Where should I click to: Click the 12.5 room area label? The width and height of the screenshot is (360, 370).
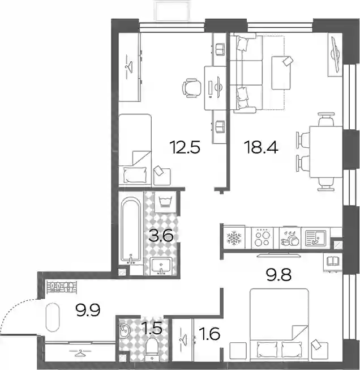pyautogui.click(x=185, y=147)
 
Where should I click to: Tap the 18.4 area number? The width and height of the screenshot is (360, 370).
pyautogui.click(x=261, y=147)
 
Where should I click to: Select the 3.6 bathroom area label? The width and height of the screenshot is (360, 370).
pyautogui.click(x=161, y=236)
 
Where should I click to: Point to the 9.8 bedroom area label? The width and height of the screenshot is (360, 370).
pyautogui.click(x=279, y=275)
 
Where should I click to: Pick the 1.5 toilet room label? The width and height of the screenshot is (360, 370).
pyautogui.click(x=153, y=328)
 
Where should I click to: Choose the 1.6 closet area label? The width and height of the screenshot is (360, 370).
pyautogui.click(x=210, y=334)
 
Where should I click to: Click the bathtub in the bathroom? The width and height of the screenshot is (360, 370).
pyautogui.click(x=131, y=231)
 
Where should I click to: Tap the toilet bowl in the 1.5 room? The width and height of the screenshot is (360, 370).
pyautogui.click(x=152, y=348)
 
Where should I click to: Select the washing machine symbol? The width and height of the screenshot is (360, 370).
pyautogui.click(x=165, y=202)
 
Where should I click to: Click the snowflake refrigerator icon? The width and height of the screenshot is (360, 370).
pyautogui.click(x=234, y=238)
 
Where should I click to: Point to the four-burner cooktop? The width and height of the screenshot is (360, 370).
pyautogui.click(x=262, y=238)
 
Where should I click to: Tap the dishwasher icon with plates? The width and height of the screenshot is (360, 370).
pyautogui.click(x=290, y=238)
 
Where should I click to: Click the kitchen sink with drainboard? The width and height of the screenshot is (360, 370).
pyautogui.click(x=316, y=238)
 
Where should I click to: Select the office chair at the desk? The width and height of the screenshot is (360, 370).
pyautogui.click(x=192, y=88)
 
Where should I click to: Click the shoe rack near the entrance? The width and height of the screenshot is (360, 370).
pyautogui.click(x=62, y=287)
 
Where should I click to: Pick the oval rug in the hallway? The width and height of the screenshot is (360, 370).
pyautogui.click(x=53, y=317)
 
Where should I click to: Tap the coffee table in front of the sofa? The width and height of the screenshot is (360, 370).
pyautogui.click(x=281, y=73)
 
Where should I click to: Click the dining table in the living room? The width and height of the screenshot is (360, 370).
pyautogui.click(x=326, y=151)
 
